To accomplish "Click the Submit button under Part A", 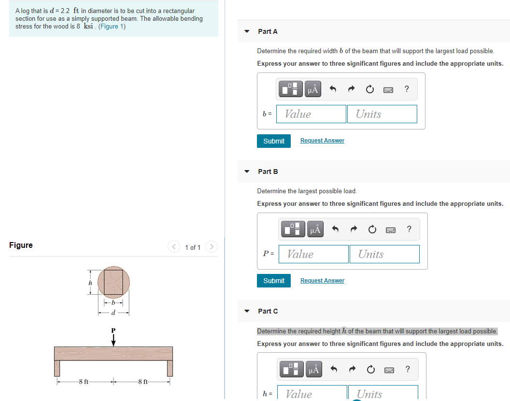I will [x=274, y=141].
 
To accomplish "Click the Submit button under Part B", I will [x=274, y=281].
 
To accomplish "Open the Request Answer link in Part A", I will [x=322, y=141].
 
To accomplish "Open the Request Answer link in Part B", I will [x=322, y=281].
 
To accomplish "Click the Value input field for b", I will [x=311, y=114].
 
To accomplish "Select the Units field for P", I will [x=384, y=254].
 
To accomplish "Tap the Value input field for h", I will [x=312, y=393].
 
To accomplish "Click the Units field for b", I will [x=382, y=114].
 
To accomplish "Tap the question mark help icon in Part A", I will [x=407, y=89].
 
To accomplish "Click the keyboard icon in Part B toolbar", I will [x=391, y=229].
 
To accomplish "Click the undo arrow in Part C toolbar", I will [x=332, y=370].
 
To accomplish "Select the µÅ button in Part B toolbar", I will [x=315, y=229].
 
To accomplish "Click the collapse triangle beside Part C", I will [x=247, y=311].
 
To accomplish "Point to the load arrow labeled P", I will [x=113, y=340].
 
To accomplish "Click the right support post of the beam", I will [x=170, y=368].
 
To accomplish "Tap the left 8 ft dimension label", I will [x=84, y=382].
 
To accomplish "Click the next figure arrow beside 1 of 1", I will [x=211, y=247].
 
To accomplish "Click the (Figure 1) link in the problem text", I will [x=112, y=26].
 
